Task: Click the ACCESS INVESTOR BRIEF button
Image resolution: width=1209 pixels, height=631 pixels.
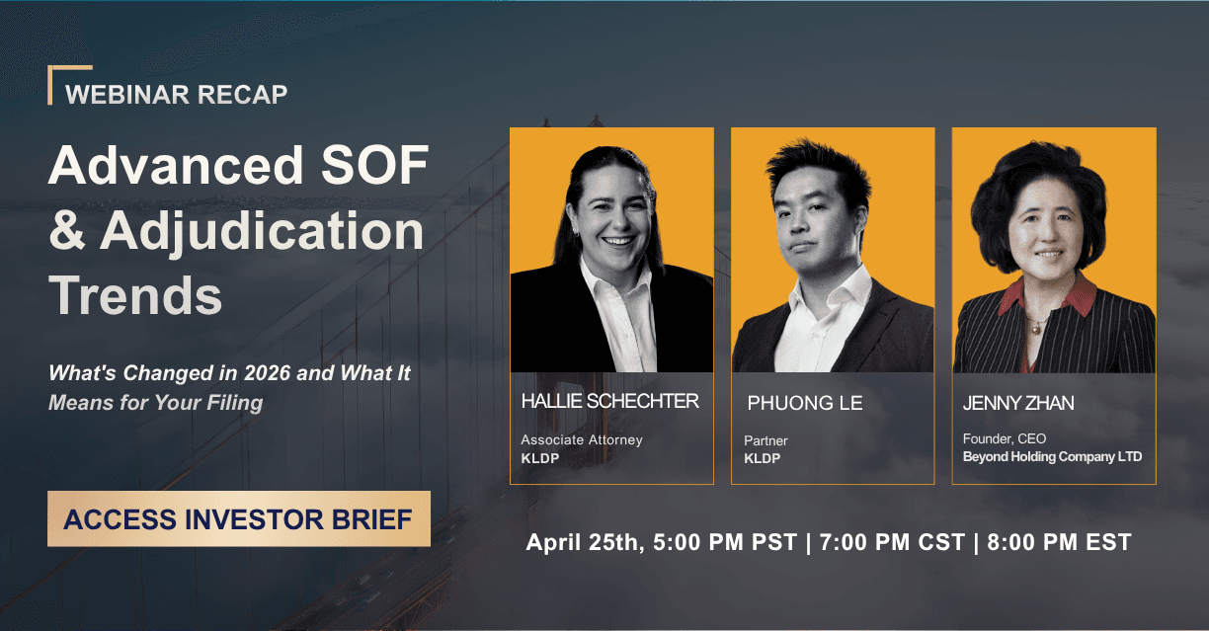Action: (238, 518)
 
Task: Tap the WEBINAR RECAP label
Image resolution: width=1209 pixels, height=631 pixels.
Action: (176, 95)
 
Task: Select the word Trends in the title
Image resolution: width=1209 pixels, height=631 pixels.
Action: (135, 294)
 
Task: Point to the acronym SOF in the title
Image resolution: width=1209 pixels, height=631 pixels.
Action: (372, 166)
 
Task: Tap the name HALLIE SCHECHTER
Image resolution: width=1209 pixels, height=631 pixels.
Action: (609, 401)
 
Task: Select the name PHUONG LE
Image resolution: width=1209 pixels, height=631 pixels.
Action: (804, 403)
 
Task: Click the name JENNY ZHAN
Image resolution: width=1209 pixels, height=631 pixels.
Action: (1017, 403)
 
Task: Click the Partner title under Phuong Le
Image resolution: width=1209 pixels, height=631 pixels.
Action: (766, 440)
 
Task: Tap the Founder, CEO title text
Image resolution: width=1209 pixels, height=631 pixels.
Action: (1004, 438)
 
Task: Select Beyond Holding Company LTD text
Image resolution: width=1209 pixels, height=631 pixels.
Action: (1052, 456)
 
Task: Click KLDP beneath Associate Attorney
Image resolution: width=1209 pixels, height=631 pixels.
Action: (539, 458)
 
